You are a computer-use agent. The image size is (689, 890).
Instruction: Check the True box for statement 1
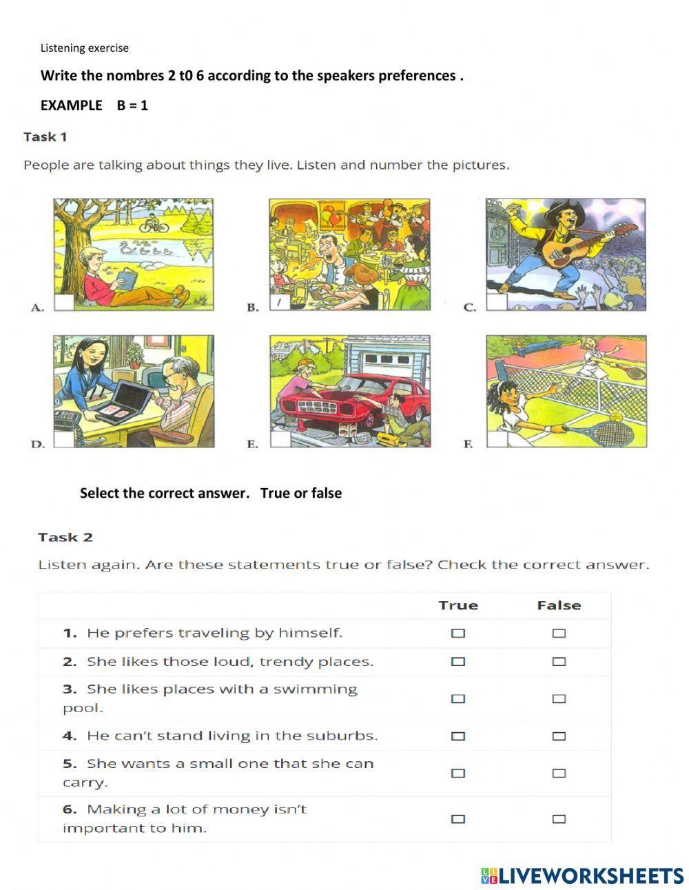click(x=458, y=633)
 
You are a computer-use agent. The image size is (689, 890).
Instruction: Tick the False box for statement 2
click(x=559, y=662)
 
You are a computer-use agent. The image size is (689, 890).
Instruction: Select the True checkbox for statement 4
click(x=458, y=736)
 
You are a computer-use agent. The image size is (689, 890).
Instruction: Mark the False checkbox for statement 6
click(x=559, y=819)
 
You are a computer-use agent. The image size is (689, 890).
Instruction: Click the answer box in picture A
click(x=64, y=303)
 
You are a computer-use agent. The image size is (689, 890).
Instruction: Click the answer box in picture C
click(x=496, y=303)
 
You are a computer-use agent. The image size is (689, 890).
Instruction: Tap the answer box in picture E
click(x=280, y=439)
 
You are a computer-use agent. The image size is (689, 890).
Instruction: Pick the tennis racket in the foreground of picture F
click(x=599, y=432)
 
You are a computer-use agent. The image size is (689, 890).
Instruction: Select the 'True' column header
click(x=458, y=605)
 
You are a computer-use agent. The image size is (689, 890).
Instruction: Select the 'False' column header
click(x=559, y=605)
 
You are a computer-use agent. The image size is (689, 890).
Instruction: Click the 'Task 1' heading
click(x=45, y=136)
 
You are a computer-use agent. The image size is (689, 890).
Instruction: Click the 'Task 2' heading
click(x=65, y=537)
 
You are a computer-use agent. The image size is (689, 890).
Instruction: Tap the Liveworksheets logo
click(x=582, y=876)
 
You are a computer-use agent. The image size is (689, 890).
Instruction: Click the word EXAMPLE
click(x=71, y=105)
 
